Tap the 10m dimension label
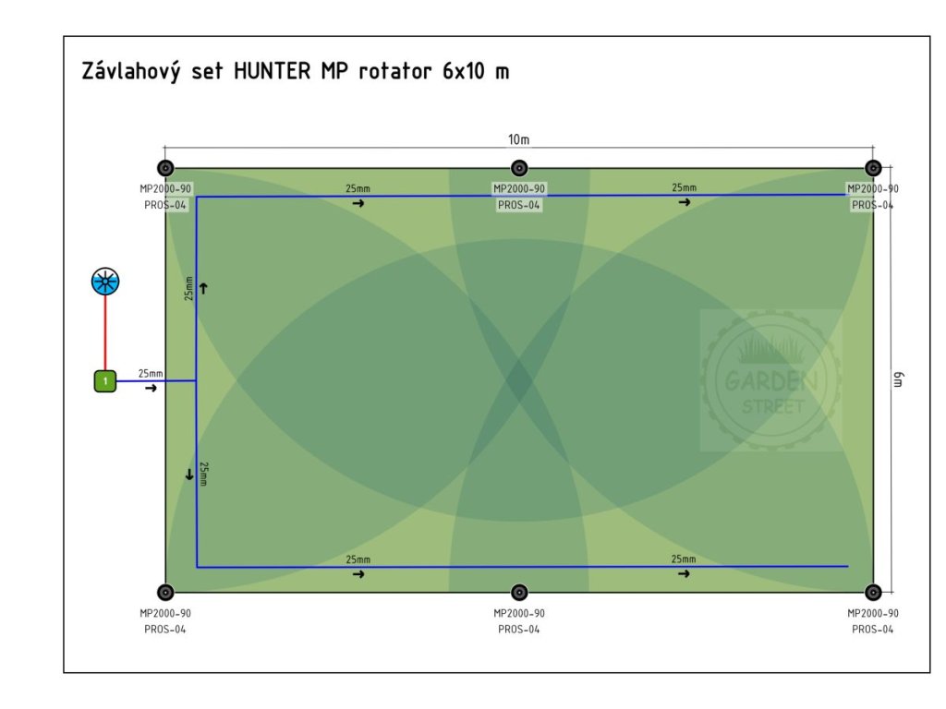[x=519, y=140]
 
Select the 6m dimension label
[x=898, y=379]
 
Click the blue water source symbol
[x=105, y=282]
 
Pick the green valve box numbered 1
[x=105, y=380]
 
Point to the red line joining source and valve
[x=105, y=332]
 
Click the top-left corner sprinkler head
[x=165, y=168]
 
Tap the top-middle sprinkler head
[x=519, y=168]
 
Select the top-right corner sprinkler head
[x=873, y=168]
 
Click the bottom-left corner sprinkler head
[x=165, y=592]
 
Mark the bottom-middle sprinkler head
[x=519, y=592]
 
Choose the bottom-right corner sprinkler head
[x=873, y=592]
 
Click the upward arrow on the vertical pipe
[x=203, y=288]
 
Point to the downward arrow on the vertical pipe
[x=189, y=475]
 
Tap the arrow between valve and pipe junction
[x=151, y=389]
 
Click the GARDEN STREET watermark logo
[x=770, y=380]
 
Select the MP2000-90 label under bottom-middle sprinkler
[x=519, y=613]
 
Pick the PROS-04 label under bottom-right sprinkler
[x=873, y=629]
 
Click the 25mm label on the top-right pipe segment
[x=684, y=187]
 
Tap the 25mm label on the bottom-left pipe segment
[x=358, y=559]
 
